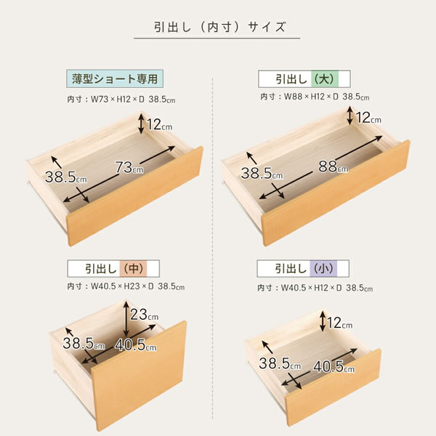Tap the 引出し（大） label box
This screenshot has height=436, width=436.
tap(304, 78)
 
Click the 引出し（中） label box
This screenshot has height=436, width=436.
tap(113, 268)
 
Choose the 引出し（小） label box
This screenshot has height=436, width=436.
tap(304, 268)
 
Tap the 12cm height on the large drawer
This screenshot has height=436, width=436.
tap(368, 117)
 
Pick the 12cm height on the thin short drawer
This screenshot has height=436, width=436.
tap(159, 125)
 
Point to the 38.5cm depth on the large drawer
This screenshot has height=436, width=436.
tap(262, 174)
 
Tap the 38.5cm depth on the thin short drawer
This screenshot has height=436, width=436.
tap(65, 177)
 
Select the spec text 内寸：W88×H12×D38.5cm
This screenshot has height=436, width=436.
tap(314, 97)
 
